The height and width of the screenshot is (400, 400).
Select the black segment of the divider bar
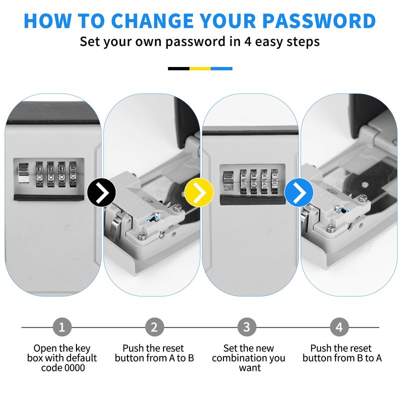pos(178,68)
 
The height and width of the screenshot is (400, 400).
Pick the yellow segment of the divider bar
pos(200,68)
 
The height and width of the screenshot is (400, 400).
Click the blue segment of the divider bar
pos(221,68)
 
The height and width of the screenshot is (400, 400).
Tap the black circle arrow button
pos(101,191)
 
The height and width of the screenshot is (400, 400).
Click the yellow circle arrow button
pos(199,191)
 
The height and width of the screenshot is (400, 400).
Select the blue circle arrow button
pos(299,191)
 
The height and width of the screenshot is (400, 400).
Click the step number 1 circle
pos(62,327)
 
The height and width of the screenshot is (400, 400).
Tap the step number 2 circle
pos(154,327)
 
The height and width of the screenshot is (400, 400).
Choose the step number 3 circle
pos(246,327)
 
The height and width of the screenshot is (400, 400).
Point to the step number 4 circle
pos(339,327)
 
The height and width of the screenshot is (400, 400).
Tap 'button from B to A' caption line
pos(342,358)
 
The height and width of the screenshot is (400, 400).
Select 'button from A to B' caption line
pos(154,358)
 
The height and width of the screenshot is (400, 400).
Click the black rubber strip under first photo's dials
pos(48,197)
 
